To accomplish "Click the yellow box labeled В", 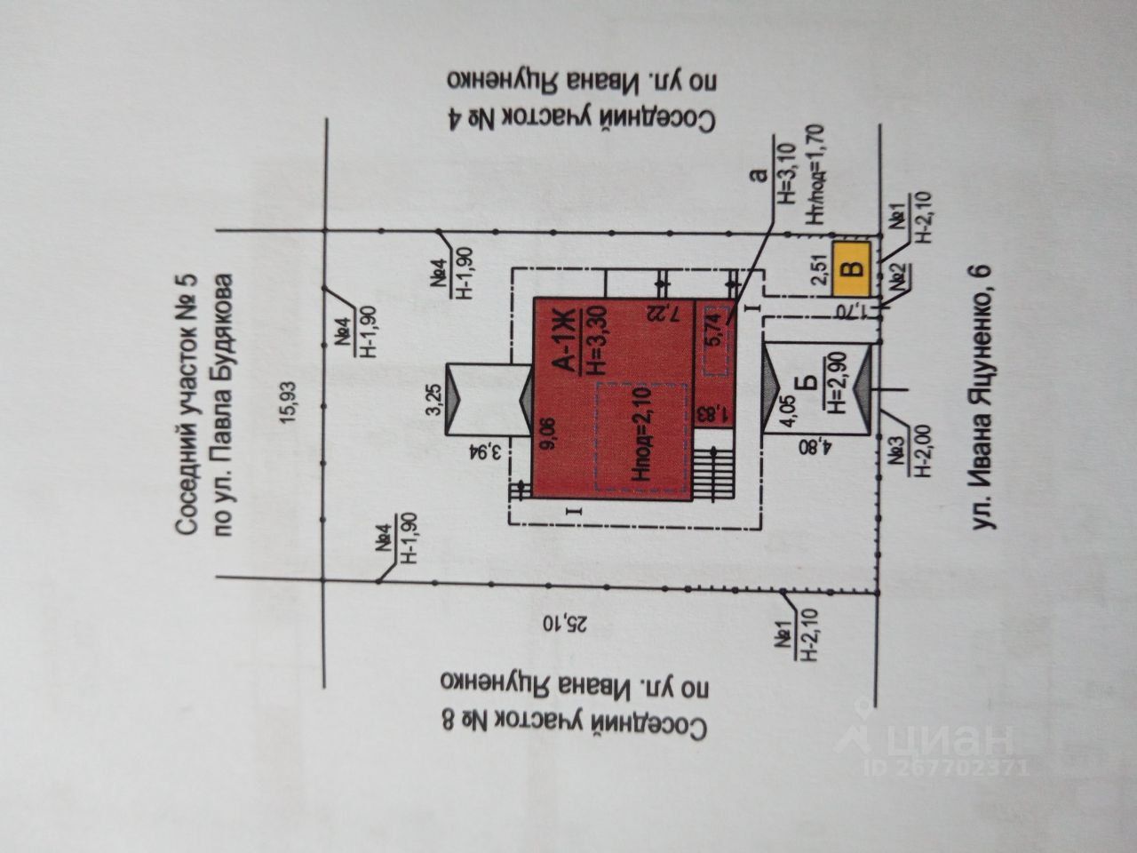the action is [851, 268].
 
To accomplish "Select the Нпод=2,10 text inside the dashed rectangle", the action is [642, 435].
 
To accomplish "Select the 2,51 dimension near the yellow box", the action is [820, 268].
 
